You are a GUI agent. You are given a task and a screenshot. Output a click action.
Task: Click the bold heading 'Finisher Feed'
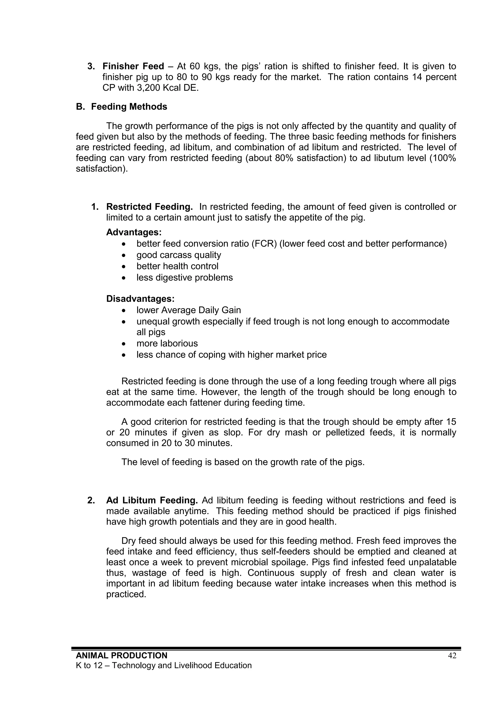pyautogui.click(x=133, y=66)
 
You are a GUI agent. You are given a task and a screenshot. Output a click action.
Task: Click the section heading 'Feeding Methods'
pyautogui.click(x=129, y=107)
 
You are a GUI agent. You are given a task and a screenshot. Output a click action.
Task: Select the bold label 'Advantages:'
pyautogui.click(x=134, y=232)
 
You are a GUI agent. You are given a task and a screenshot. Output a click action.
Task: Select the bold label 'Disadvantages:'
pyautogui.click(x=140, y=299)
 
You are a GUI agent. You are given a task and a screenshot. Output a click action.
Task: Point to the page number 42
pyautogui.click(x=452, y=656)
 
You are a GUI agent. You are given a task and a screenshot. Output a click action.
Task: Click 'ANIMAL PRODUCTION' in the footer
pyautogui.click(x=122, y=656)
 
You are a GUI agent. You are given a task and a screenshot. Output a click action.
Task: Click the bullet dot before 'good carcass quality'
pyautogui.click(x=124, y=255)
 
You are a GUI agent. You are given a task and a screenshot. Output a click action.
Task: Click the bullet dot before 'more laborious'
pyautogui.click(x=124, y=344)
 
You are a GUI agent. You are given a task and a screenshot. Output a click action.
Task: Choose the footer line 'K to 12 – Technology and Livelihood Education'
pyautogui.click(x=163, y=665)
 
